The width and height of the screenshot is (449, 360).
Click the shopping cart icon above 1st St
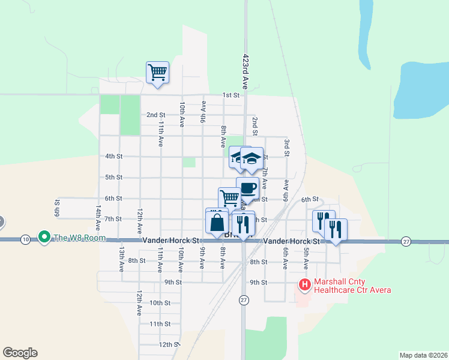[157, 73]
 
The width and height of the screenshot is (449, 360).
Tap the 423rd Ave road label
[245, 62]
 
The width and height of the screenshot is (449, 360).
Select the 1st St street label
[231, 95]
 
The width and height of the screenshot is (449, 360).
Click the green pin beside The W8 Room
[43, 238]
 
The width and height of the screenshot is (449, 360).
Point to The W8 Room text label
[79, 238]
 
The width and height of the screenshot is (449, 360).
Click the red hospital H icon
[304, 285]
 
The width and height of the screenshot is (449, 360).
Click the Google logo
[20, 353]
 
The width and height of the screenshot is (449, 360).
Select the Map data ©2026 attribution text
[423, 355]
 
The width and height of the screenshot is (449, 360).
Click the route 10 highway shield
[25, 240]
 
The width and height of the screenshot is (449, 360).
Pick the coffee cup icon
[247, 187]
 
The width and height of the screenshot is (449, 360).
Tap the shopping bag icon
[217, 223]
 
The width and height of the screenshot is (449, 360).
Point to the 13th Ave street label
[121, 260]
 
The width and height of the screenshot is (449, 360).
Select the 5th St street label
[114, 178]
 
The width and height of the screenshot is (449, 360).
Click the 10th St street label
[160, 303]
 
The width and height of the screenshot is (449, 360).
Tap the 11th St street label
[160, 323]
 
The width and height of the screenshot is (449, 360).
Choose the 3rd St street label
[287, 147]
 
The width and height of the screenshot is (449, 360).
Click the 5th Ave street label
[306, 259]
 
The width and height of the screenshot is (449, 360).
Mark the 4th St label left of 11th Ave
[113, 157]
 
